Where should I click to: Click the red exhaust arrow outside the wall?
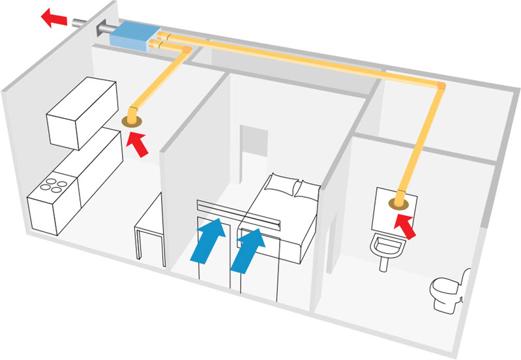tap(55, 16)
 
